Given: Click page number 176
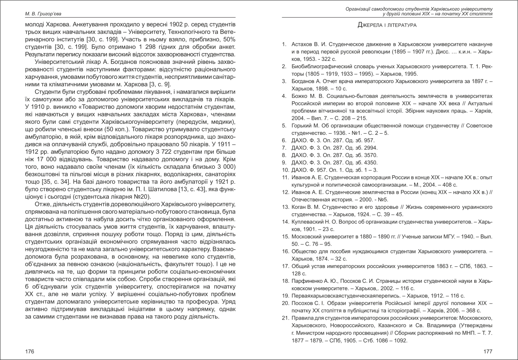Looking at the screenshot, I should [29, 351].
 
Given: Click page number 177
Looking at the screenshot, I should [488, 351].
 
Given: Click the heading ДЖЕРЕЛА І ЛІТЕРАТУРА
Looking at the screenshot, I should [387, 25].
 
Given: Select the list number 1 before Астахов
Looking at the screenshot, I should [284, 44].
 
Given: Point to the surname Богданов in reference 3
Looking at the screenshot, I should [303, 81].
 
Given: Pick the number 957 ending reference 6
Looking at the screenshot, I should [369, 140].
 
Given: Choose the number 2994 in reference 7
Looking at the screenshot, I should [371, 148].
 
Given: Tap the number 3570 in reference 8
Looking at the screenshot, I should [371, 155].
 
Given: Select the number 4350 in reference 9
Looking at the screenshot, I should [371, 163].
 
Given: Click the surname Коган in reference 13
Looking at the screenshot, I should [298, 207].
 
